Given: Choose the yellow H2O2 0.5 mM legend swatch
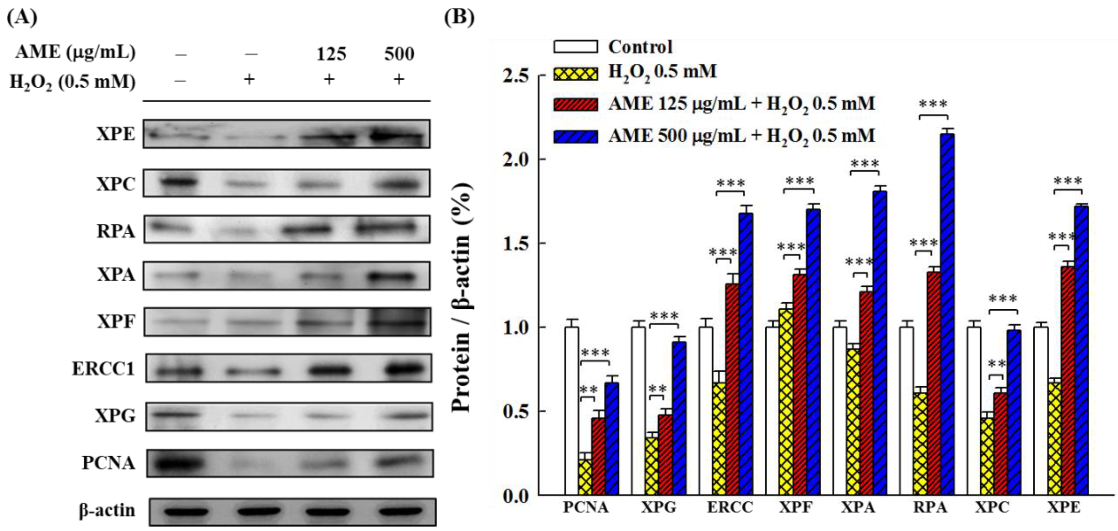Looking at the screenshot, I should pos(575,73).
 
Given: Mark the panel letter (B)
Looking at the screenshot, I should pos(459,17).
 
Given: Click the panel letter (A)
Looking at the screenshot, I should pos(22,17).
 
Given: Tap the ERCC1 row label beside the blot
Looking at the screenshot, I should pos(103,369).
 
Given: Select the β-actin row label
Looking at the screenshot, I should pos(107,510).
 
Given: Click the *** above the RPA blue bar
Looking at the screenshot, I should pos(933,105).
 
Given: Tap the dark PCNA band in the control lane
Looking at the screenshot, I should pos(177,463).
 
